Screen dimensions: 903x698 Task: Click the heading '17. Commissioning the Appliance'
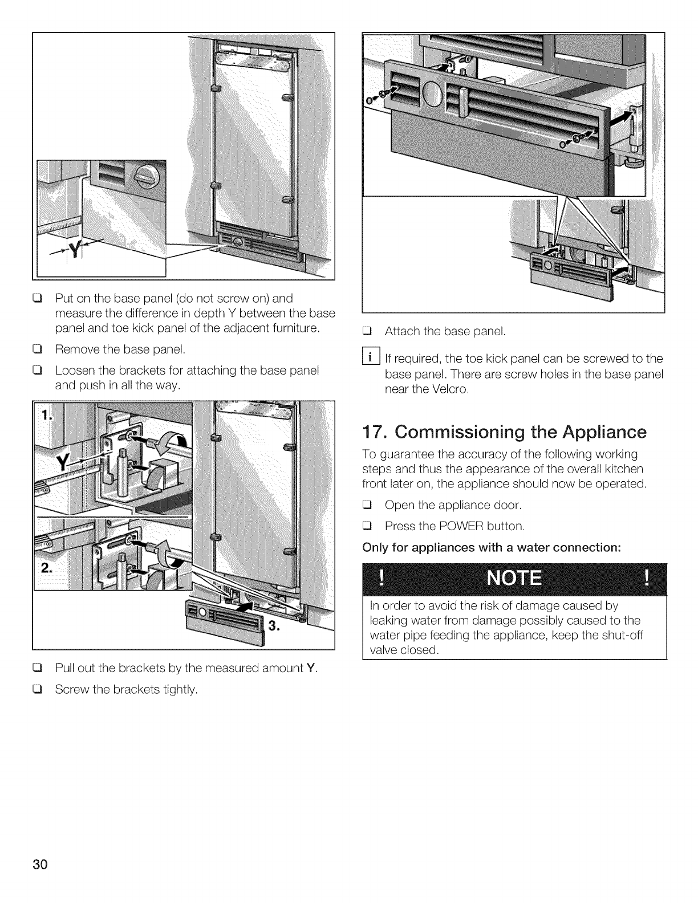tap(505, 432)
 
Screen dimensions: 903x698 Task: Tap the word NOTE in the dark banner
tap(514, 579)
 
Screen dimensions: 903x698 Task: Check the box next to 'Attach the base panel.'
tap(368, 331)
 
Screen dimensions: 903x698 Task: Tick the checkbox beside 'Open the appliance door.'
tap(368, 505)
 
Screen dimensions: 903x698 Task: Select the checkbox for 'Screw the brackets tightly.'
tap(39, 690)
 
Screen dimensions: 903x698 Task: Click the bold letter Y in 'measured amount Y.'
tap(310, 668)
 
